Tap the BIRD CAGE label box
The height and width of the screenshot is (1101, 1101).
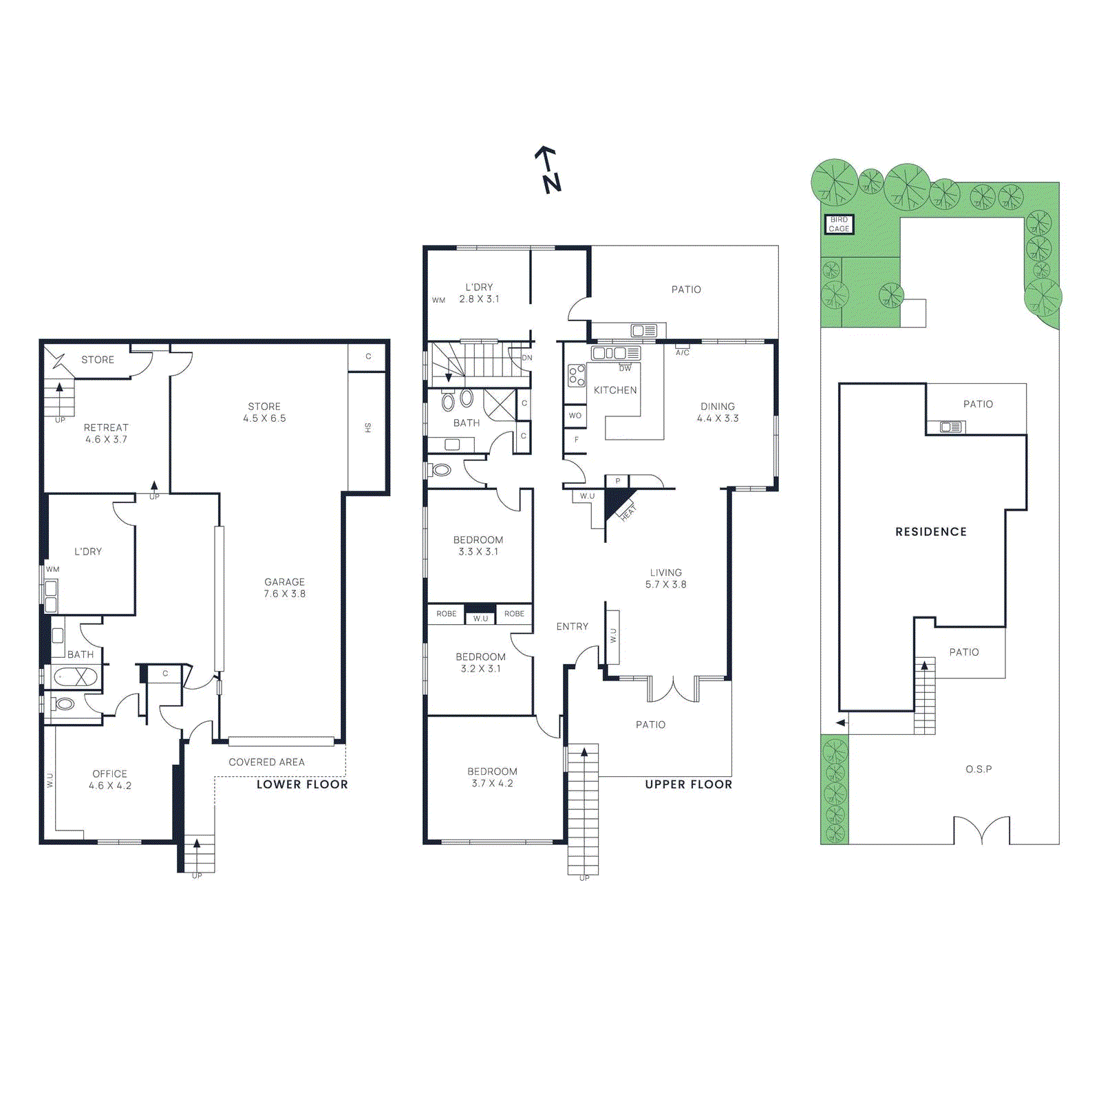(839, 224)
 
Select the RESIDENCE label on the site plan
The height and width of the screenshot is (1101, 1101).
(930, 531)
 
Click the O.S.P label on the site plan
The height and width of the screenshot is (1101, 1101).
(978, 769)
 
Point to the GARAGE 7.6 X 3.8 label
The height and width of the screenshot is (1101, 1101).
(284, 588)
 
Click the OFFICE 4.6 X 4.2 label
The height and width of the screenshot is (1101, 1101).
(109, 780)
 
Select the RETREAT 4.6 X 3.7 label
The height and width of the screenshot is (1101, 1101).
(106, 434)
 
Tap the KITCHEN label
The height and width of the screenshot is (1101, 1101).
(614, 390)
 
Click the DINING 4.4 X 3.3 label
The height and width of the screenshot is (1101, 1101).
(717, 412)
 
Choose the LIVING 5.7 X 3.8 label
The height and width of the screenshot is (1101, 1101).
(665, 578)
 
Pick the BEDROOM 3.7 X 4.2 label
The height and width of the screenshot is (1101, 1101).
(492, 777)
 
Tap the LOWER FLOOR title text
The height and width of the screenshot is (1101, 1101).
(302, 784)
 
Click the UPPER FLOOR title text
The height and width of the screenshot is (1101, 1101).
(688, 784)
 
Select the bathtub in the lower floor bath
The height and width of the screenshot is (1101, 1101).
(76, 677)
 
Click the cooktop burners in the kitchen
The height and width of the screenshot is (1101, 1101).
(577, 376)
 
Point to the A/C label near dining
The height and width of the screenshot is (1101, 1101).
(682, 352)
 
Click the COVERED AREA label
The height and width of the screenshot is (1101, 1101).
(266, 762)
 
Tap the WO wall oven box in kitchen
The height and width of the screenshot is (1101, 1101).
(575, 416)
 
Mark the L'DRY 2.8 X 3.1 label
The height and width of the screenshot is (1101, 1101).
(479, 292)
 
